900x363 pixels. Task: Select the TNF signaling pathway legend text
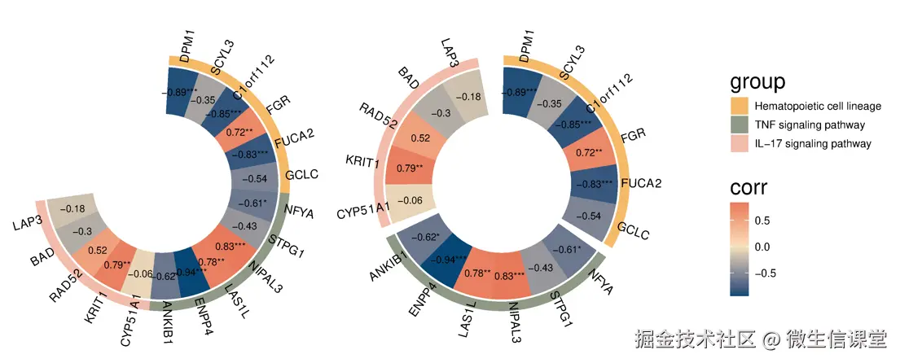pyautogui.click(x=810, y=125)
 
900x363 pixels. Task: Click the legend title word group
pyautogui.click(x=757, y=81)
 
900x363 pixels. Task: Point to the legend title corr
pyautogui.click(x=749, y=189)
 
